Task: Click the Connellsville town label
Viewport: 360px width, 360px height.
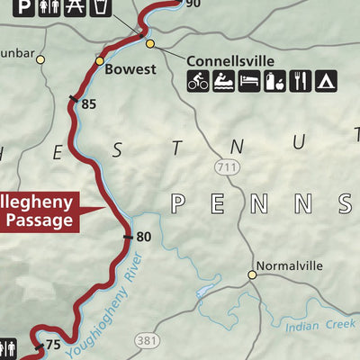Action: point(229,61)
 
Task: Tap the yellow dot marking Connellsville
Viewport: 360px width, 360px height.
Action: point(150,43)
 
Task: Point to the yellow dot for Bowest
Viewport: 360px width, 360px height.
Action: point(100,61)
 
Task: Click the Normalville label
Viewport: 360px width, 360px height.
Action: point(288,265)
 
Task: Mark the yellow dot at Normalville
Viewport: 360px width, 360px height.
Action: point(253,275)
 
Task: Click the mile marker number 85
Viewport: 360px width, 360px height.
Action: point(88,104)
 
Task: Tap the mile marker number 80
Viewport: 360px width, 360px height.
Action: point(143,238)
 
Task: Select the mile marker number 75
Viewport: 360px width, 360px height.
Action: point(52,345)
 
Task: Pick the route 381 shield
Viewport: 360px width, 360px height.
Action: point(148,340)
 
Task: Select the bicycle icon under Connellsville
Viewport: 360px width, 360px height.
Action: point(198,82)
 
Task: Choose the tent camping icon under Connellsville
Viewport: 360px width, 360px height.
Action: point(326,82)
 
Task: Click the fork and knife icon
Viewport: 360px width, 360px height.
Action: point(301,82)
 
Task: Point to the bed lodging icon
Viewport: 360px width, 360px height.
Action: point(249,82)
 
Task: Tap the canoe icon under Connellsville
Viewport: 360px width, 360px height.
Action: point(223,82)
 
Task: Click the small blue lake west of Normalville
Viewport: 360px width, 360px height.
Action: point(203,291)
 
